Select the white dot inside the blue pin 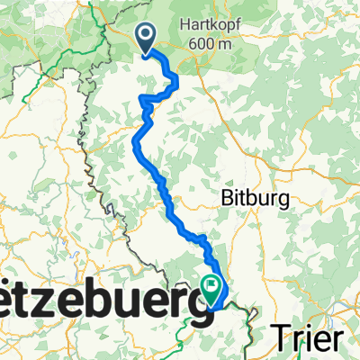click(x=146, y=34)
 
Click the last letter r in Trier click(x=335, y=339)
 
